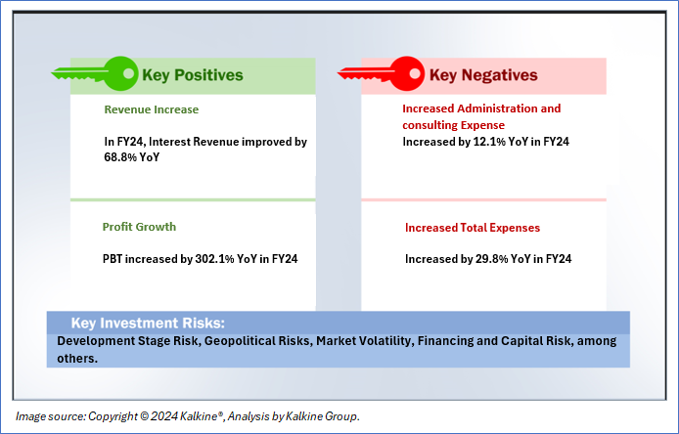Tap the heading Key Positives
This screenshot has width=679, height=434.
coord(193,75)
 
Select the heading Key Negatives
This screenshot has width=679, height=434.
coord(483,75)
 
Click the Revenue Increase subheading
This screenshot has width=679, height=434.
coord(151,109)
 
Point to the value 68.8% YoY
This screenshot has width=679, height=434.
coord(132,157)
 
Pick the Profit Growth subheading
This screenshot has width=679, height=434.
coord(139,227)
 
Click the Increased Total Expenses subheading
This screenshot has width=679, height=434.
coord(473,228)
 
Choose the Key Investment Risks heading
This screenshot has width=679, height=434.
coord(148,323)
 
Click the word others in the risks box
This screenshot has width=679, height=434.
coord(77,359)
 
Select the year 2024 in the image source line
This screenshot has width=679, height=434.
coord(164,416)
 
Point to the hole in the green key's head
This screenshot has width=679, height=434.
coord(128,73)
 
